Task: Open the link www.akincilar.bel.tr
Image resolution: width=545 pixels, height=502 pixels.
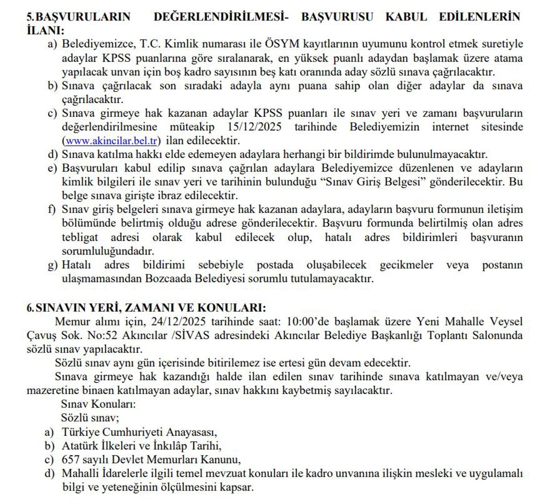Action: [112, 141]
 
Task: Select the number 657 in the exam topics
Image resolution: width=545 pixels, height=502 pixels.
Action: [70, 459]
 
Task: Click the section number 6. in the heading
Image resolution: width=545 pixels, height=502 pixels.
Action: [30, 307]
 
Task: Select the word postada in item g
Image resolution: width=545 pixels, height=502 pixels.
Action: [275, 265]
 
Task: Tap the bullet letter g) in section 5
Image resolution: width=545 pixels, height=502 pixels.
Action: [53, 265]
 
